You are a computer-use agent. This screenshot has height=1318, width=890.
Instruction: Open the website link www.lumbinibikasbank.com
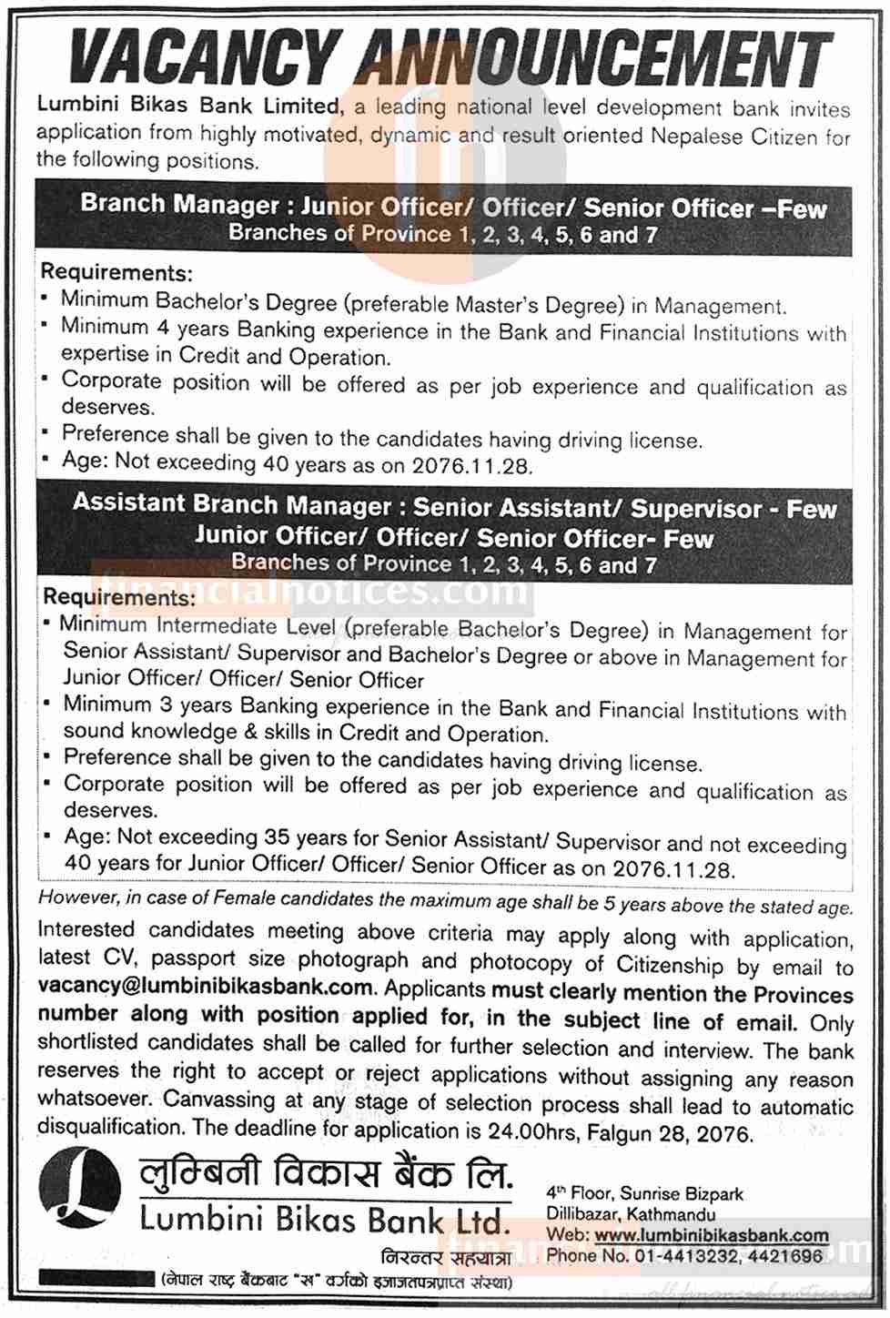[712, 1235]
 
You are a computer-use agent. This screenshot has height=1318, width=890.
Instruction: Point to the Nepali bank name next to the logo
[326, 1176]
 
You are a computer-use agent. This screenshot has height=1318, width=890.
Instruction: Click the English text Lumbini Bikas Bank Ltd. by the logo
[321, 1219]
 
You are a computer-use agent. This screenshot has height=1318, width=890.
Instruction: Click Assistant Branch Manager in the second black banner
[231, 503]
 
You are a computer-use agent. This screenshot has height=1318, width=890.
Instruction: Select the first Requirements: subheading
[117, 272]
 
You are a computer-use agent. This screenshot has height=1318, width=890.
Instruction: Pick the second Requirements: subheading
[118, 598]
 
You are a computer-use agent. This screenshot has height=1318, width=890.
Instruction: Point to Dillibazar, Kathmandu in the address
[630, 1214]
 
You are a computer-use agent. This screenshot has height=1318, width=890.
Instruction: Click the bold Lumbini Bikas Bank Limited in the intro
[187, 106]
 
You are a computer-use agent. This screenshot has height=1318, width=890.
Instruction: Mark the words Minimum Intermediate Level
[199, 626]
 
